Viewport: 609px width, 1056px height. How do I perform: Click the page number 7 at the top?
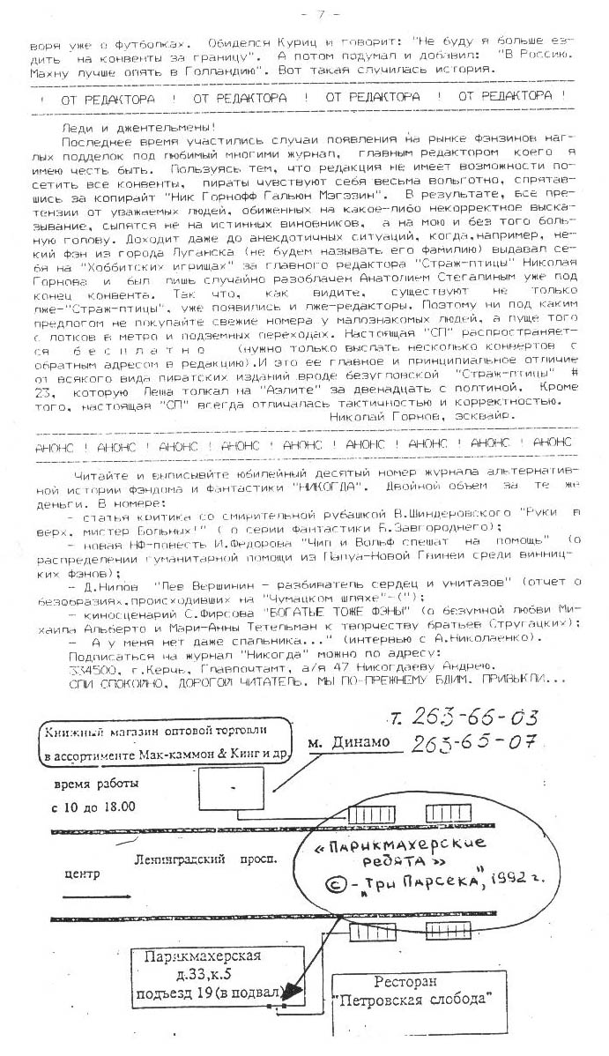coord(308,14)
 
